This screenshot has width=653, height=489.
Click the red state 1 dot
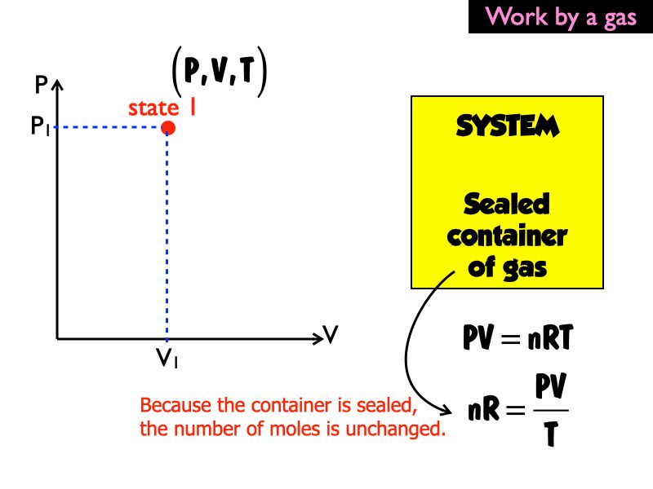[167, 127]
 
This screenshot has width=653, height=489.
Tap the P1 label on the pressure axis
[42, 128]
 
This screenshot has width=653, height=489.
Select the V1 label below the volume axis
[168, 358]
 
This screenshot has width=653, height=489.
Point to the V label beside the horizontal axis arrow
[331, 334]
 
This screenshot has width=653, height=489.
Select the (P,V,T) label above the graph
[220, 73]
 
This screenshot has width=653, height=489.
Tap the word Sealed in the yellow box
[507, 204]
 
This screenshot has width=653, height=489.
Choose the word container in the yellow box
[507, 236]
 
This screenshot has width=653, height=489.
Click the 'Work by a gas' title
[561, 17]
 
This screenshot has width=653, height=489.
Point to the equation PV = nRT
[515, 338]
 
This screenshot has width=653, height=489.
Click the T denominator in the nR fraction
[550, 436]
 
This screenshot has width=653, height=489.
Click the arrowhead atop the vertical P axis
[56, 84]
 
